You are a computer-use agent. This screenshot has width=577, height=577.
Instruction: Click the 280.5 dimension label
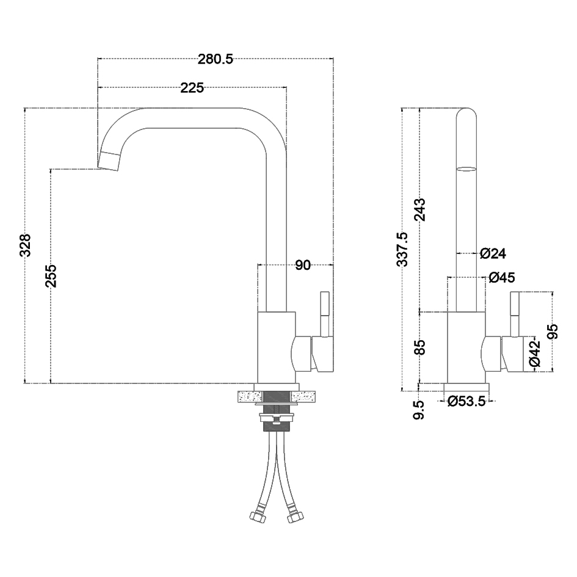216,59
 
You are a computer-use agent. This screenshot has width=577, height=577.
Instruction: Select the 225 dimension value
192,88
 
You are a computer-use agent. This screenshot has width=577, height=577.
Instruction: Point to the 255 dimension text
51,275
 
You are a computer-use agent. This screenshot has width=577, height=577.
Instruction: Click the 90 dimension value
303,265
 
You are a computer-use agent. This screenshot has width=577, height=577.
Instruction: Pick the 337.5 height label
402,249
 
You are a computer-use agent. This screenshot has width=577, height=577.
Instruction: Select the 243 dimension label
419,210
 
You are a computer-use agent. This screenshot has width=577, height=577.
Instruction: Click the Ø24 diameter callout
493,253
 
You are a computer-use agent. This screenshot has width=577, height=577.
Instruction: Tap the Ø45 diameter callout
502,278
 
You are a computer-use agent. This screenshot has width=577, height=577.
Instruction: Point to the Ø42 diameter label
534,354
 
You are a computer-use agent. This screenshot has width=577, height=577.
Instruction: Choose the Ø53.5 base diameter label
466,401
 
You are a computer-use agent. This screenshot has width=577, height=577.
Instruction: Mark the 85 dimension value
419,347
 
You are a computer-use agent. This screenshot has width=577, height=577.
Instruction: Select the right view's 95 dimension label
553,330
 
